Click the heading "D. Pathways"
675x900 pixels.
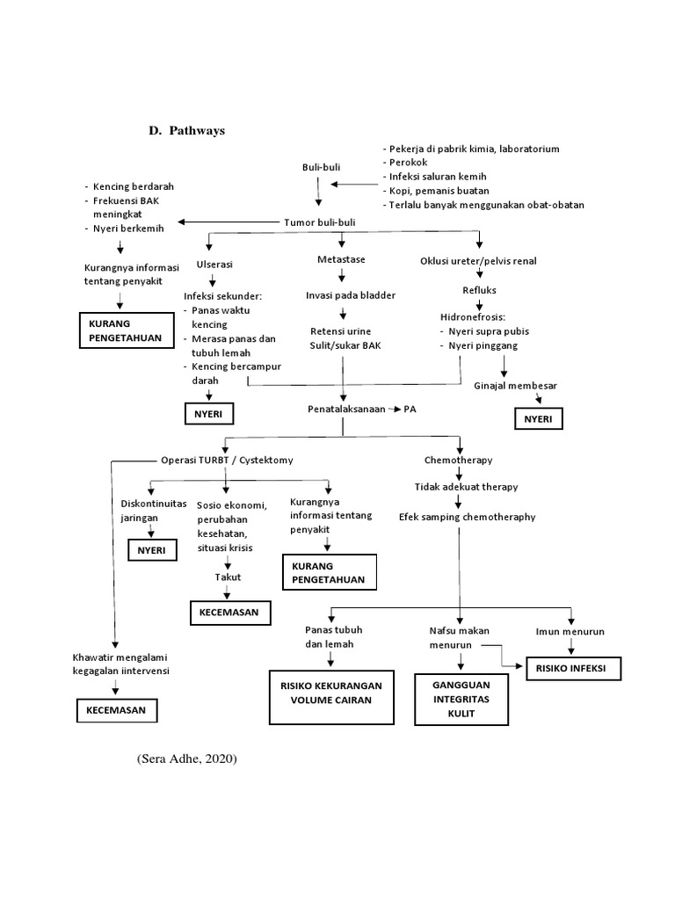click(185, 131)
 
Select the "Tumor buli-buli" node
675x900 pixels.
click(320, 223)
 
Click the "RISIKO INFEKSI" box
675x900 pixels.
click(573, 669)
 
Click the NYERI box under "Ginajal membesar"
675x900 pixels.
click(538, 419)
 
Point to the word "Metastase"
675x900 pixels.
click(341, 260)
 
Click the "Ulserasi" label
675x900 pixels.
click(214, 264)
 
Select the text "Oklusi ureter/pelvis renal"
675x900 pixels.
click(478, 261)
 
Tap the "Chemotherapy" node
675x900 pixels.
click(458, 460)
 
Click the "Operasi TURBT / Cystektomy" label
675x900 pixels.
click(227, 460)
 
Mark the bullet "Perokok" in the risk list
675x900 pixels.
click(407, 163)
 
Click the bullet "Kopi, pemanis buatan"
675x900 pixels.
click(439, 191)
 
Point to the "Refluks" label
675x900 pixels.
click(480, 290)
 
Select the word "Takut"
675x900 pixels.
click(229, 577)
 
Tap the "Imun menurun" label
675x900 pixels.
click(570, 632)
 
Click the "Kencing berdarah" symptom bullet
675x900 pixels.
click(132, 186)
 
